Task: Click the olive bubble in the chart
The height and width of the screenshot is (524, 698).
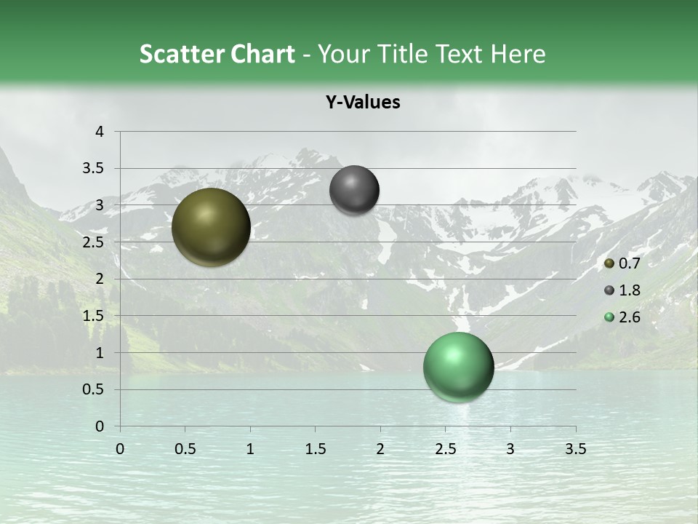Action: tap(211, 227)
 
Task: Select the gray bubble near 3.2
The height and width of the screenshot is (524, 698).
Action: tap(354, 190)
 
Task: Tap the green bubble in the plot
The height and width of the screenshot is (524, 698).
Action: tap(458, 368)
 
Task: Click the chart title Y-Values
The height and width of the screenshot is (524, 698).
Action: tap(363, 103)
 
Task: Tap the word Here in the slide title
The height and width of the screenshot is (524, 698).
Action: tap(518, 54)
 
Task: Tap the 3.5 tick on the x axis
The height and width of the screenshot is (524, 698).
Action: tap(575, 449)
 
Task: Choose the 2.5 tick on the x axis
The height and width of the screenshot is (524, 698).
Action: tap(445, 449)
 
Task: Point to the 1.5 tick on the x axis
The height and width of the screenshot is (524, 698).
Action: tap(315, 449)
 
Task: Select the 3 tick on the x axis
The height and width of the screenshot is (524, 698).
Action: tap(510, 449)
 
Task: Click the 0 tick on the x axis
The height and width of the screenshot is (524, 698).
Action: tap(120, 449)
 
